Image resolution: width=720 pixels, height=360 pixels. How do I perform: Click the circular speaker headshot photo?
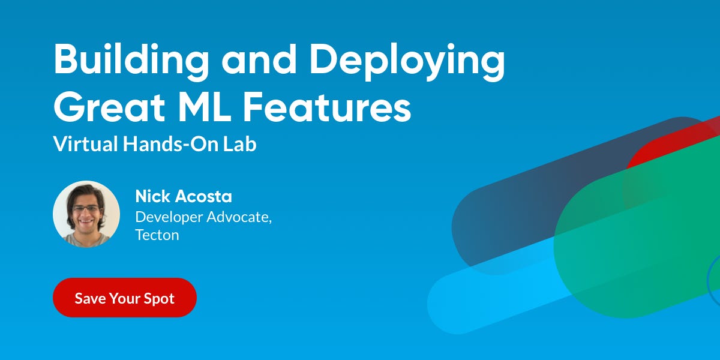(x=86, y=214)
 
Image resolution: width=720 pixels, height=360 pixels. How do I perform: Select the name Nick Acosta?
(x=184, y=196)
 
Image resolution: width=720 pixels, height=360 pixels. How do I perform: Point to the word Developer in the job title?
(x=169, y=217)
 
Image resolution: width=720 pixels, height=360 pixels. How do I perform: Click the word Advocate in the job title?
(x=239, y=217)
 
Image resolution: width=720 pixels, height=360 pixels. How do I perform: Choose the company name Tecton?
(x=157, y=235)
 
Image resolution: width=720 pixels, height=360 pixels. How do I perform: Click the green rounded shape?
(x=636, y=240)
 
